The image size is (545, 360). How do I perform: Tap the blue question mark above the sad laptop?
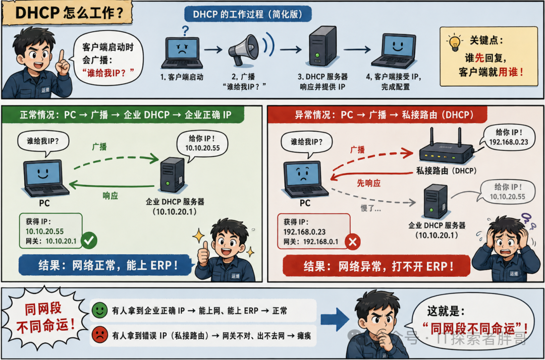pyautogui.click(x=186, y=31)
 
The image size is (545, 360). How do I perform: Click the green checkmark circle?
pyautogui.click(x=89, y=240)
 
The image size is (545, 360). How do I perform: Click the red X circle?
pyautogui.click(x=352, y=242)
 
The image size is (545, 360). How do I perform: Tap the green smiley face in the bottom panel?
pyautogui.click(x=100, y=310)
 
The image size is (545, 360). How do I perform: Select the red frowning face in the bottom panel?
pyautogui.click(x=100, y=335)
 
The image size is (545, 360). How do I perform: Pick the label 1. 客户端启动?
pyautogui.click(x=182, y=77)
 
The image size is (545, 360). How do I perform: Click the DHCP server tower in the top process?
pyautogui.click(x=323, y=46)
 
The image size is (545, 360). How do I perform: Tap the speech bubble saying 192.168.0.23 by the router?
pyautogui.click(x=508, y=137)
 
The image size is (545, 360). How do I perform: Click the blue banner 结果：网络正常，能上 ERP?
pyautogui.click(x=105, y=266)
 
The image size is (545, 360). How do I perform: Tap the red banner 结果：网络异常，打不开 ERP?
pyautogui.click(x=376, y=266)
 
